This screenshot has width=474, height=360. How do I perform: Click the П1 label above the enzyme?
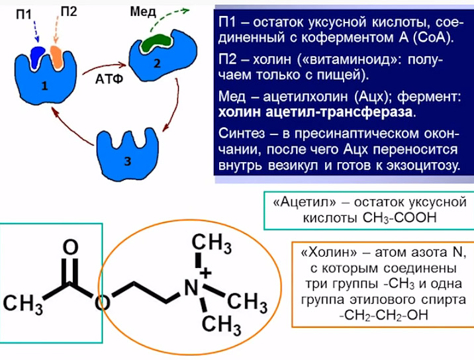click(24, 14)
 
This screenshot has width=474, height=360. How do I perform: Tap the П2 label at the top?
click(69, 11)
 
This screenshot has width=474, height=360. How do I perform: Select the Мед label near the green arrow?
click(143, 12)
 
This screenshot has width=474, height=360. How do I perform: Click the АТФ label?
click(109, 79)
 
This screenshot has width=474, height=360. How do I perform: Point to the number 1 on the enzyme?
click(44, 86)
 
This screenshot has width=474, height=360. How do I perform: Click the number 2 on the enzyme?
click(157, 64)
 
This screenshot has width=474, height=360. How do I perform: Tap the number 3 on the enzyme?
click(128, 161)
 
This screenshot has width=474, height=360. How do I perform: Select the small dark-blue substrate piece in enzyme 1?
click(38, 56)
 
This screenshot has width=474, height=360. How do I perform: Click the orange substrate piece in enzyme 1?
click(56, 57)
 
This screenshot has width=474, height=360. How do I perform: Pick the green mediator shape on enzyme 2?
click(156, 42)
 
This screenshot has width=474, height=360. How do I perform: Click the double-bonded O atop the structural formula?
click(70, 247)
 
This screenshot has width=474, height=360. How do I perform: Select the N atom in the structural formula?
click(191, 287)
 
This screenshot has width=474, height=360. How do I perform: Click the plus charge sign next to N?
click(206, 273)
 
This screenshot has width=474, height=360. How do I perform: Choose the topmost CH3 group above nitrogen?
click(212, 244)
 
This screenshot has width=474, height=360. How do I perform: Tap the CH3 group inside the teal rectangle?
click(23, 304)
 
